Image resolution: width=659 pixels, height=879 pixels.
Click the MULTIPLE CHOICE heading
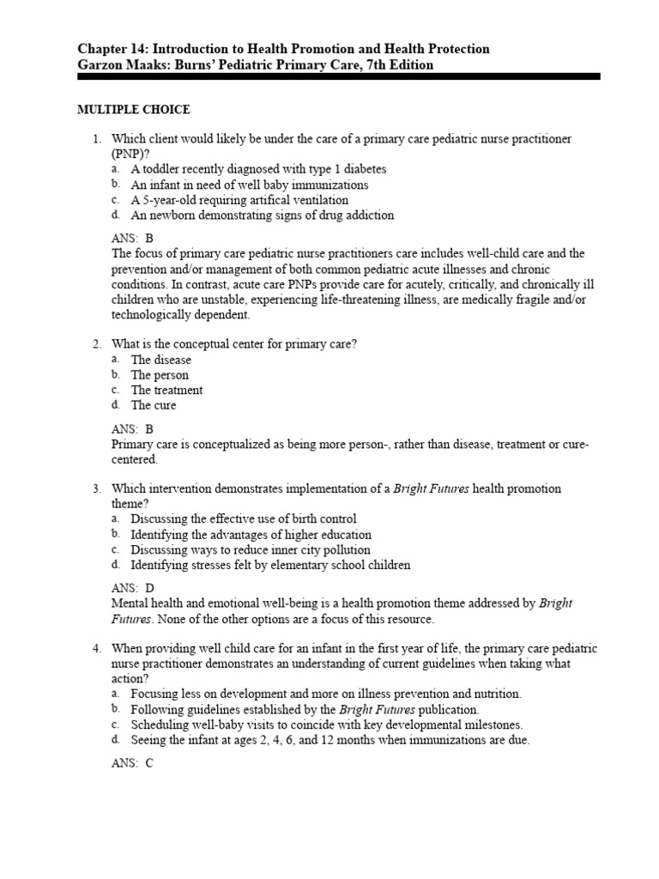pos(134,110)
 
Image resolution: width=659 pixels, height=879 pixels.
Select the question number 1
pos(98,139)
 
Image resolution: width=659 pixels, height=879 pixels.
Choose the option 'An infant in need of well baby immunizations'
pos(249,185)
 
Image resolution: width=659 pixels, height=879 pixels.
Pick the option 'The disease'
pos(160,360)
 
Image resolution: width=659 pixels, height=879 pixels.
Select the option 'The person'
pos(160,375)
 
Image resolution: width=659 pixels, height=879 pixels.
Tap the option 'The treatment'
pos(166,390)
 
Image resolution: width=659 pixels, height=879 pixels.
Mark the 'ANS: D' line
pos(133,588)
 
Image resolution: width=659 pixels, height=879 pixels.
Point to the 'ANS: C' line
pos(133,763)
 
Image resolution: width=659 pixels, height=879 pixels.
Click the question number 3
pos(98,489)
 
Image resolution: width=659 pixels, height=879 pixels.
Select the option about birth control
pos(243,519)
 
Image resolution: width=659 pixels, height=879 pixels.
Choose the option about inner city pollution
pos(250,549)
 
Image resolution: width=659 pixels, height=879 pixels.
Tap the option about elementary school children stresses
pos(270,565)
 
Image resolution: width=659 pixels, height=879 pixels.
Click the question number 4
pos(98,648)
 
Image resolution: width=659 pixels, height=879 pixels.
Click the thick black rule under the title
pos(339,77)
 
